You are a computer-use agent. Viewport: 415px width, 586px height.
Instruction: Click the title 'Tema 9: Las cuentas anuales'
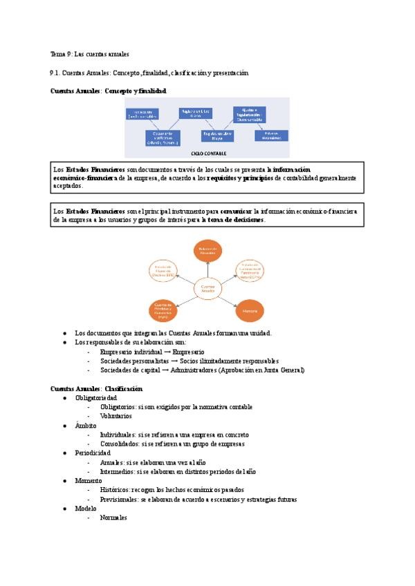(x=90, y=53)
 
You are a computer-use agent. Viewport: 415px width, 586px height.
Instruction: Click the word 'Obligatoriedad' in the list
(x=95, y=398)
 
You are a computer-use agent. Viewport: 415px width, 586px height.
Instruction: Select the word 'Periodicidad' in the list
(x=93, y=453)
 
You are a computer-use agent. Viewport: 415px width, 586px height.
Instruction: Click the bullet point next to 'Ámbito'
(x=65, y=426)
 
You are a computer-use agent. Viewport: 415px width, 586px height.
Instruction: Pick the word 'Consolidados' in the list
(x=117, y=444)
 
